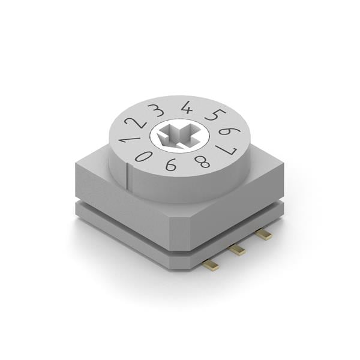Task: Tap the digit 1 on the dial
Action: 127,139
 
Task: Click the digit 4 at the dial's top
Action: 187,107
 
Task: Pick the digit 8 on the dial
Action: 203,161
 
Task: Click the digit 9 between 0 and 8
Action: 171,164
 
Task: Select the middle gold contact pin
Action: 238,249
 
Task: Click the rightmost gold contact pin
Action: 263,235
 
